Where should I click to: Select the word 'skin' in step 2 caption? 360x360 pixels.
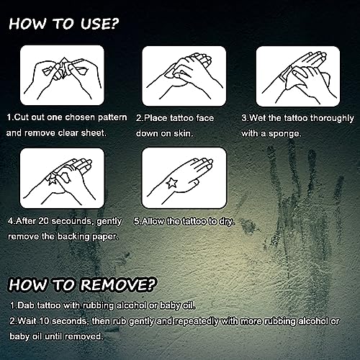point(202,133)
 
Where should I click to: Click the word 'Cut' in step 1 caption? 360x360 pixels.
point(22,116)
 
